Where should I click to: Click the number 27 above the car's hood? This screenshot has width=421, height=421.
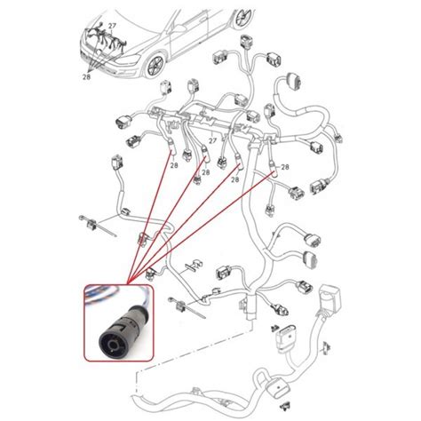point(112,26)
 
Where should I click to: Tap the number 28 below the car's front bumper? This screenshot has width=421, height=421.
point(86,77)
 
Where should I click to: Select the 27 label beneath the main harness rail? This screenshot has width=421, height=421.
point(212,140)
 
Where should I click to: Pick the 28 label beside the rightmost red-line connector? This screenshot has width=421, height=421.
point(285,167)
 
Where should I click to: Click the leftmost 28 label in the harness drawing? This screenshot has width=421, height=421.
point(174,165)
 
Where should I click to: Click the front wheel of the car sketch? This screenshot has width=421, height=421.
point(155,67)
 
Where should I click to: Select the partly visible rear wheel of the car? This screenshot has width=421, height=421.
point(244,17)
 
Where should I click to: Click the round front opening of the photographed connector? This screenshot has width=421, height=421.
point(113,344)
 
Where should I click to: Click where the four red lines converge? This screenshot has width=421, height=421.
point(128,283)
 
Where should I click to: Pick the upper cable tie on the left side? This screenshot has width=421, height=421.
point(97,226)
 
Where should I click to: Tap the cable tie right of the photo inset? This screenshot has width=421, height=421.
point(187,308)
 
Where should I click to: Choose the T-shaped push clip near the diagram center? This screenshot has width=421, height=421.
point(193,266)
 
